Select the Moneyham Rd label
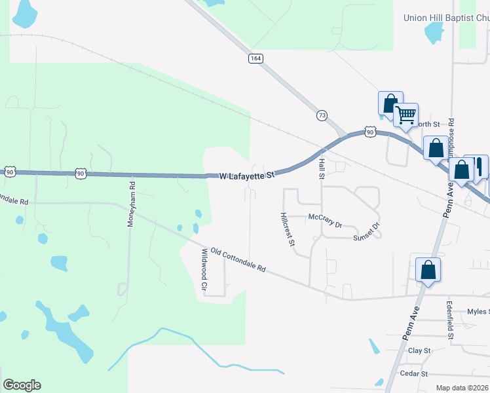point(131,204)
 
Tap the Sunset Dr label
point(367,233)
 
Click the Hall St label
point(322,169)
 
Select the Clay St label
point(419,351)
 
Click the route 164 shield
point(255,59)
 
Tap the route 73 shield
point(322,115)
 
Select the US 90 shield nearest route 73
point(370,132)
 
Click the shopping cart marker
point(406,115)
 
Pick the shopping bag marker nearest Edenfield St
point(428,270)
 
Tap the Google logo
point(22,385)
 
